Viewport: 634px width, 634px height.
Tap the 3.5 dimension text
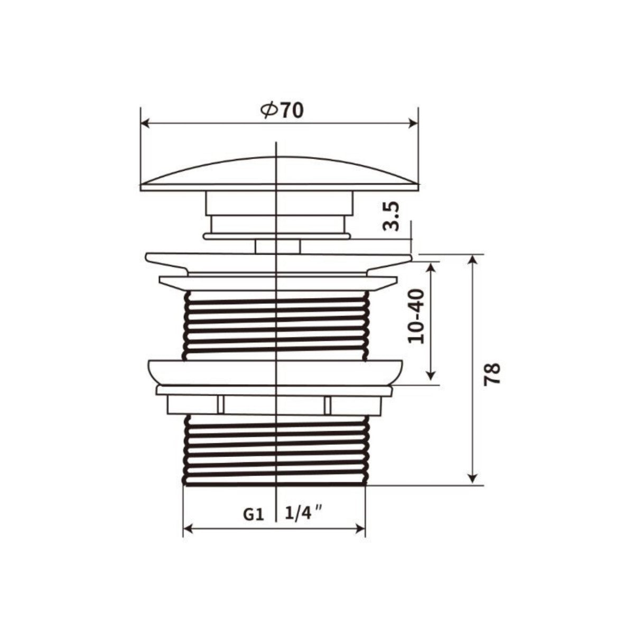click(391, 217)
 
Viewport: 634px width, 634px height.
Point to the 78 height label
click(492, 374)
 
